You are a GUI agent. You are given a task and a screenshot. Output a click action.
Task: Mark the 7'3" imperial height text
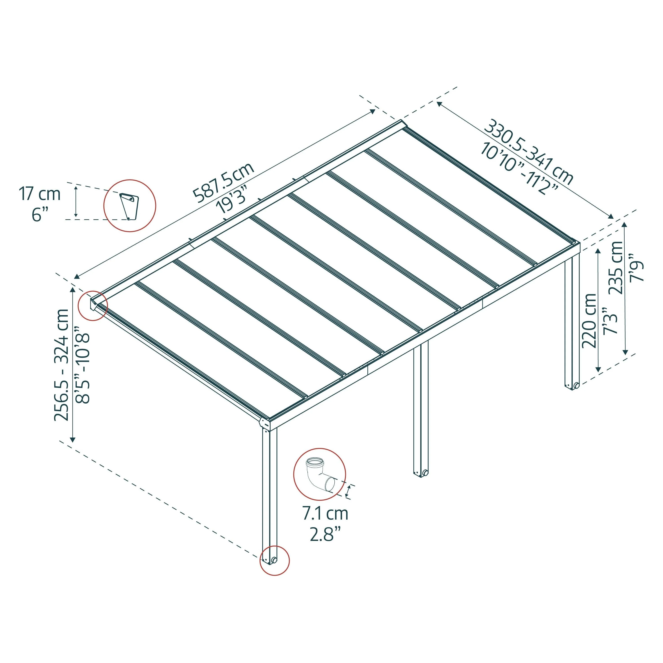[610, 320]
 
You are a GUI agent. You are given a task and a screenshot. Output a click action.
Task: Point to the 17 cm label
[40, 194]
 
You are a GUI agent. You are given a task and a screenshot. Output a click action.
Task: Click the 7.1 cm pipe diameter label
[325, 523]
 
